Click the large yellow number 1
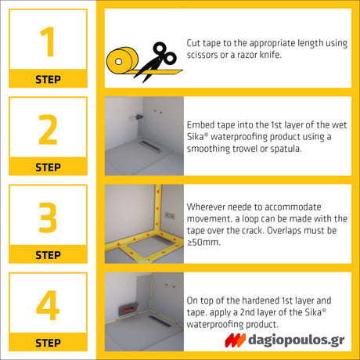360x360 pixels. tap(48, 41)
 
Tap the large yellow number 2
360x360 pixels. tap(48, 129)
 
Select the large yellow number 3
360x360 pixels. tap(48, 218)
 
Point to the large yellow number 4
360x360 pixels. tap(48, 305)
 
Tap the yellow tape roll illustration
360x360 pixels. tap(123, 61)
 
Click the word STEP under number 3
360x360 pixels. tap(48, 255)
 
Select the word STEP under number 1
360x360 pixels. tap(48, 79)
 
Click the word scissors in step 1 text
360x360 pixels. tap(202, 55)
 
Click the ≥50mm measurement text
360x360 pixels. tap(203, 243)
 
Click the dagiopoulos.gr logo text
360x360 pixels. tap(297, 340)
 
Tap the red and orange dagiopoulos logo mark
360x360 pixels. tap(235, 340)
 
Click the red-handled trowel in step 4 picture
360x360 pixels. tap(128, 310)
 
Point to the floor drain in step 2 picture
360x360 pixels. tap(149, 146)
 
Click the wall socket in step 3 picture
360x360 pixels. tap(170, 216)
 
